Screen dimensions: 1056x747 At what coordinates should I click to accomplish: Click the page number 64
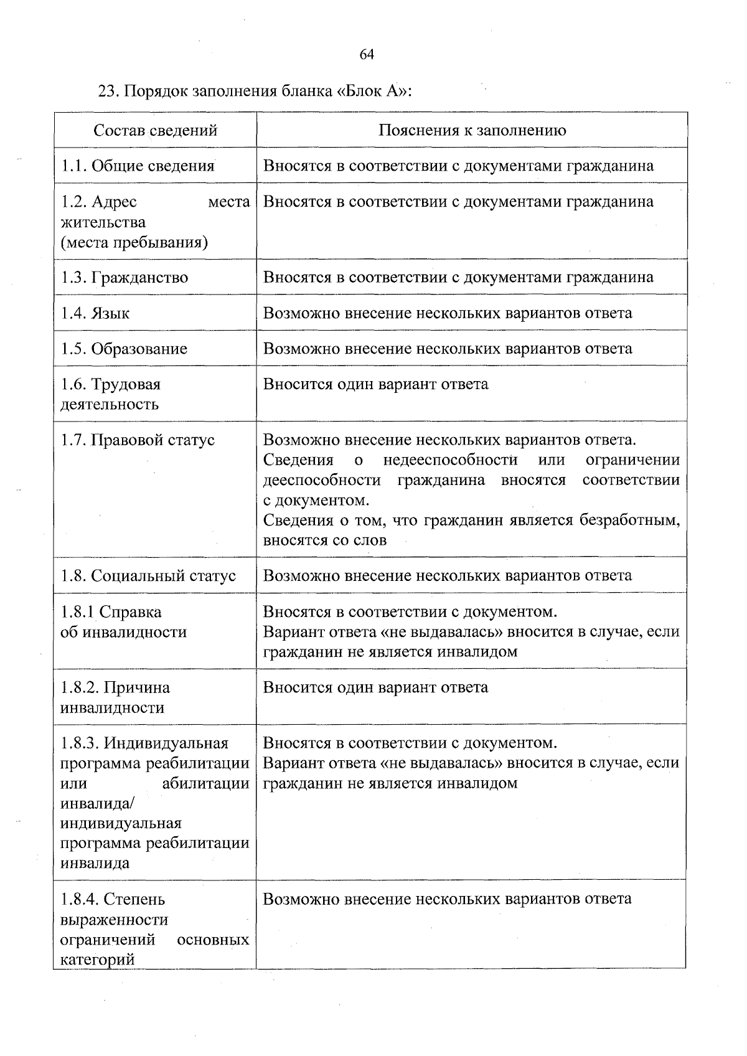click(367, 54)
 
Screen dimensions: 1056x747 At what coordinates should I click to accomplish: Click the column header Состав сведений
click(156, 130)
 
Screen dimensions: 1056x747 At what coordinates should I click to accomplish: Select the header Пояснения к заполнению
click(472, 130)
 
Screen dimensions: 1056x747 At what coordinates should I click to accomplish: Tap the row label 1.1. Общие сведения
click(138, 166)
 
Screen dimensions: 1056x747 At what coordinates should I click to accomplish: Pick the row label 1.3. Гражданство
click(125, 277)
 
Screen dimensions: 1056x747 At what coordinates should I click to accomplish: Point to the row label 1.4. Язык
click(95, 313)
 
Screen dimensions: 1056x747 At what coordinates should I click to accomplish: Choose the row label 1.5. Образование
click(124, 348)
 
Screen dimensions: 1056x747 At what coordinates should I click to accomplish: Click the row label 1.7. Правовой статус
click(138, 440)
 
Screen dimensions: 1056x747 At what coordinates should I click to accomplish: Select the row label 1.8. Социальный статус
click(148, 575)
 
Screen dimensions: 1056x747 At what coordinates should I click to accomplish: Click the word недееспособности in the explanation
click(450, 460)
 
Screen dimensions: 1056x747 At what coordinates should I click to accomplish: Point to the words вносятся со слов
click(325, 540)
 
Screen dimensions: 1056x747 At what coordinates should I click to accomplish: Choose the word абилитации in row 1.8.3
click(205, 783)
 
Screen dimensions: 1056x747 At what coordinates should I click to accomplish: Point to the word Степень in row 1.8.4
click(134, 899)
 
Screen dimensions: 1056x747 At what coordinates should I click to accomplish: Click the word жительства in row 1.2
click(103, 222)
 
